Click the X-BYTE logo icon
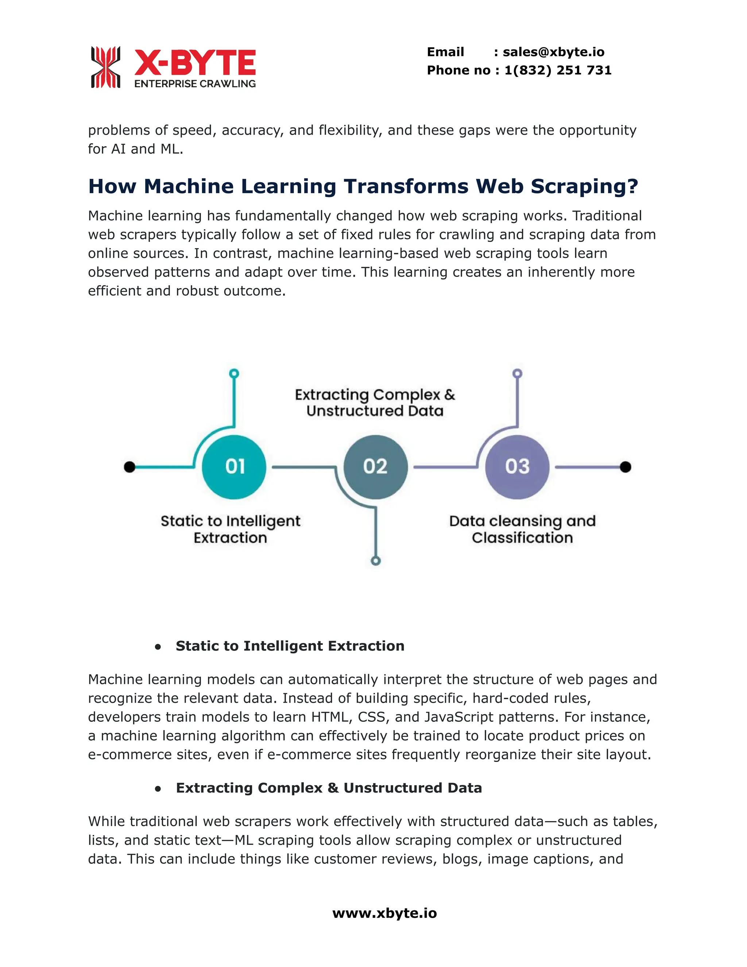(x=105, y=67)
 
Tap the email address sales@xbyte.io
(x=553, y=52)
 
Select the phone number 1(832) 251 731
(x=558, y=70)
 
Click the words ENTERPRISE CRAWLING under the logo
(x=195, y=84)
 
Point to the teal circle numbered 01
(x=234, y=467)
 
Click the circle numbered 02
(x=375, y=467)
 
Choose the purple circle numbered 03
(x=517, y=467)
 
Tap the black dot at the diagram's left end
(x=129, y=467)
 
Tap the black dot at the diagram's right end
(x=625, y=467)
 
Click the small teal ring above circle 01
(x=234, y=374)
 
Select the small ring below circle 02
(x=376, y=561)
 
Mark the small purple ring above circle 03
(x=517, y=374)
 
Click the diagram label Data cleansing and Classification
(x=522, y=529)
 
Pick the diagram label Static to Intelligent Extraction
(x=230, y=529)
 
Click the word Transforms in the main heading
(x=405, y=186)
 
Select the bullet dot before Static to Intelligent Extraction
(x=158, y=647)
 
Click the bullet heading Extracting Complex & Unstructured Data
(x=328, y=788)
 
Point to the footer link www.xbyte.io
(x=384, y=913)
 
